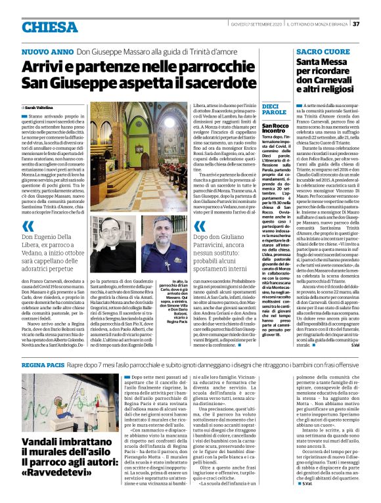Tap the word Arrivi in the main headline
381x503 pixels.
pos(47,68)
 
